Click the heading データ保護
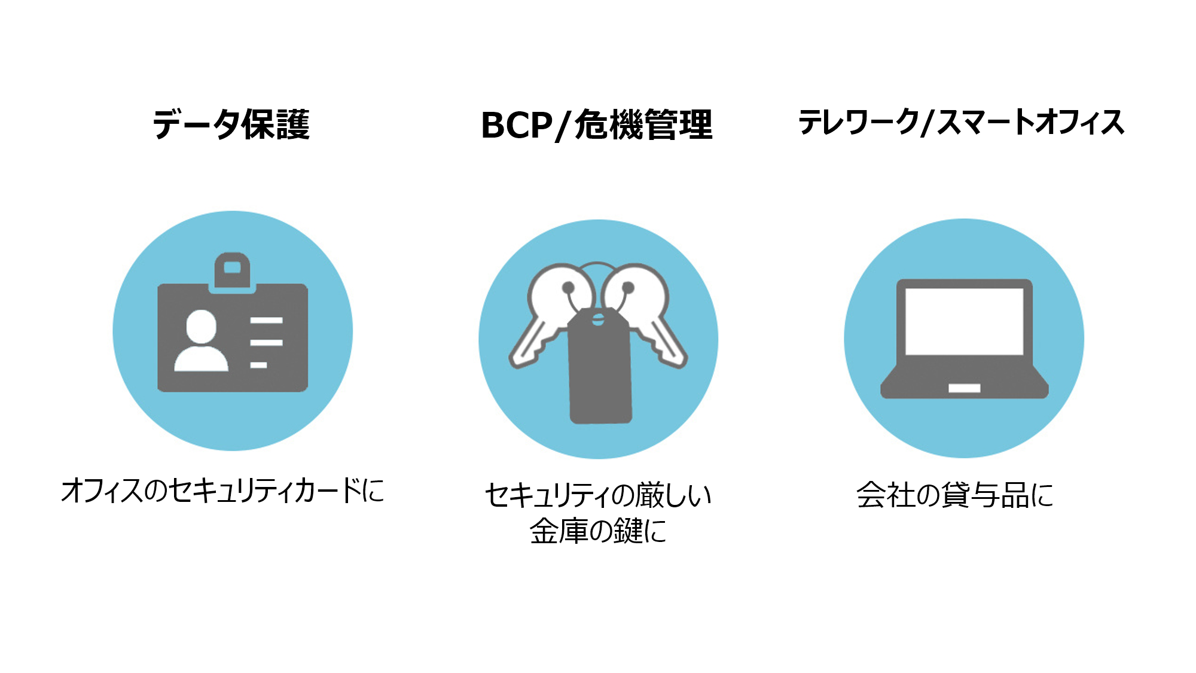coord(231,124)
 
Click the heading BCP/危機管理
coord(597,125)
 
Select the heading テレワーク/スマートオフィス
coord(961,123)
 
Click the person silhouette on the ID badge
coord(201,341)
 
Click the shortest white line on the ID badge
coord(258,365)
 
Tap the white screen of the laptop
coord(964,321)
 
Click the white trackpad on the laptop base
coord(964,388)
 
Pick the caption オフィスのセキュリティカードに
coord(222,491)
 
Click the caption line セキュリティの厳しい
coord(597,495)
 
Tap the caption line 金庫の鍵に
coord(597,531)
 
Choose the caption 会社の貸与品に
coord(954,495)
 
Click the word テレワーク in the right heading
coord(859,123)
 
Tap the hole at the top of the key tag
coord(598,319)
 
